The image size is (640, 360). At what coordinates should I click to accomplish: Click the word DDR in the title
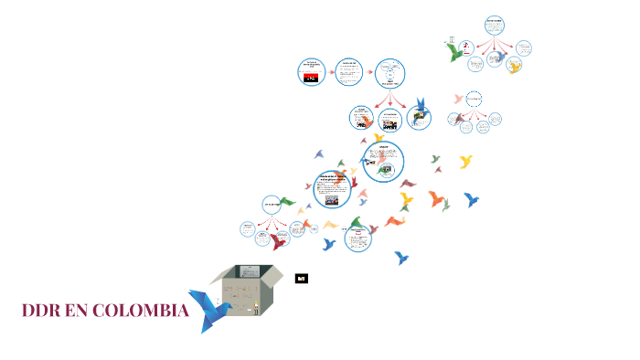coord(47,312)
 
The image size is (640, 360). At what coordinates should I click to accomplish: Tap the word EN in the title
coord(89,312)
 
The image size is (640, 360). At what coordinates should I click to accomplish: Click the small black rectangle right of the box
coord(301,278)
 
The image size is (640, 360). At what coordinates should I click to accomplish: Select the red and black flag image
coord(312,78)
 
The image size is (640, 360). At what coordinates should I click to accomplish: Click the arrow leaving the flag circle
coord(330,71)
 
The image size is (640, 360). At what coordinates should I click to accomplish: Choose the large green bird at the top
coord(455,53)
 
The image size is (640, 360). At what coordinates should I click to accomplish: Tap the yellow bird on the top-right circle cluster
coord(515,67)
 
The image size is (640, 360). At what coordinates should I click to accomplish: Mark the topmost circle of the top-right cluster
coord(495,24)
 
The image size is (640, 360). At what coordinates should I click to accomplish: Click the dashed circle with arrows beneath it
coord(473,99)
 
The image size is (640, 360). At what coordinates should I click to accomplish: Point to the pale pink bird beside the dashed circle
coord(458,98)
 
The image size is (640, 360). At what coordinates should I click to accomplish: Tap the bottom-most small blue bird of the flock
coord(401,258)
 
